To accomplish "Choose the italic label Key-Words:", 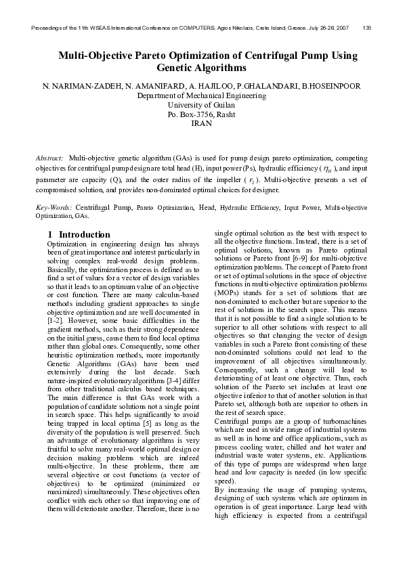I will point(54,205).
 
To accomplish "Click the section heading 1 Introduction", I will point(79,234).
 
